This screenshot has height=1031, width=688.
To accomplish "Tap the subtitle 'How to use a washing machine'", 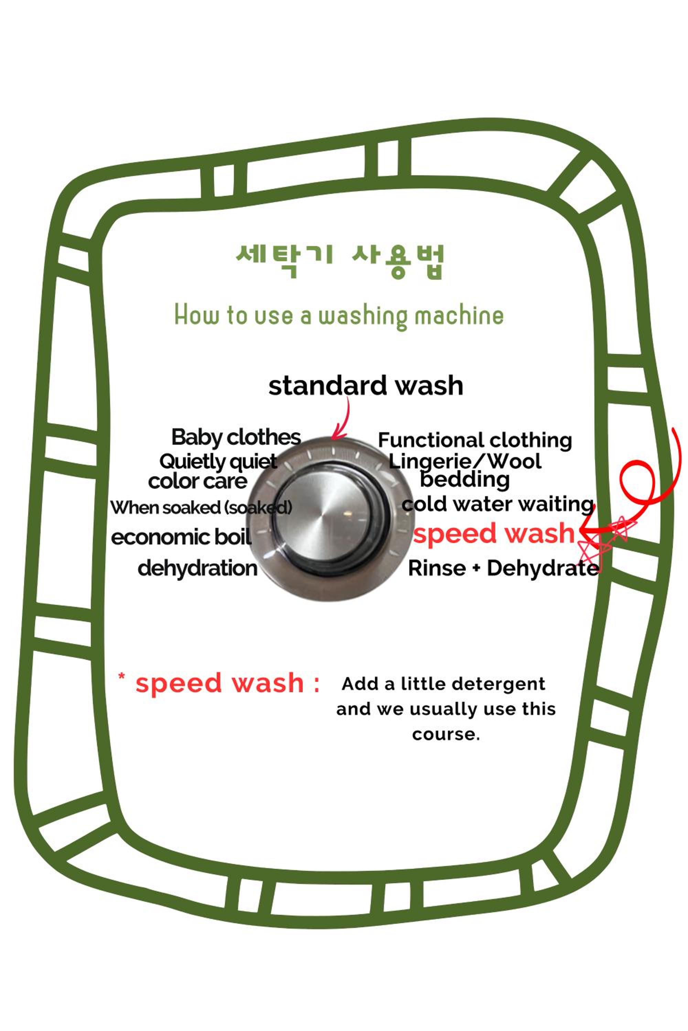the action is tap(339, 315).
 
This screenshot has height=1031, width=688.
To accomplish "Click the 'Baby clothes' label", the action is tap(236, 437).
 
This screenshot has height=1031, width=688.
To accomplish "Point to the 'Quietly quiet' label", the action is tap(218, 462).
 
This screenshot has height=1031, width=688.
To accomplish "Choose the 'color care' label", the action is tap(198, 481).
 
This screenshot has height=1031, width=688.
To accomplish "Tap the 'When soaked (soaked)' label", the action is tap(201, 508).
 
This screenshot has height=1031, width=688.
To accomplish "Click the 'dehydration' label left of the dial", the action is tap(197, 568).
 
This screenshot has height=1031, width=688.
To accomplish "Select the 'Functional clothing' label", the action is tap(475, 441).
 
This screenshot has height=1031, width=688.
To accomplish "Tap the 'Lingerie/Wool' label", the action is tap(465, 461).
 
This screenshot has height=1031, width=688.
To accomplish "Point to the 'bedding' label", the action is tap(465, 479).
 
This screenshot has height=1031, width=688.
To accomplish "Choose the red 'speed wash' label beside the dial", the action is tap(494, 533).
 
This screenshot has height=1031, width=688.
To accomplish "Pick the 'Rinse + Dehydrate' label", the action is tap(503, 568).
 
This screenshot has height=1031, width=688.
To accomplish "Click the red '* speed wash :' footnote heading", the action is tap(218, 684).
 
